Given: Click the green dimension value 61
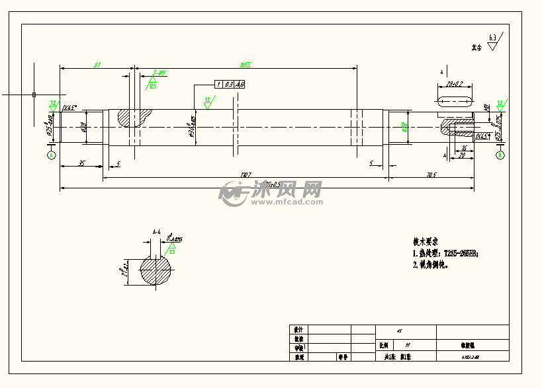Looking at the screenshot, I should (x=97, y=64).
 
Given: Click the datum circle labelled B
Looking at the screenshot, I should (x=500, y=155).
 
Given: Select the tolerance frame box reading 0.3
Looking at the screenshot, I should (x=228, y=85).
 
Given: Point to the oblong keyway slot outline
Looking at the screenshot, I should (x=454, y=101).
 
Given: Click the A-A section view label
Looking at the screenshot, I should (x=157, y=233).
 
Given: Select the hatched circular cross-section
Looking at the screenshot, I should (x=156, y=270).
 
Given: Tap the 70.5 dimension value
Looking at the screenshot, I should (x=431, y=175).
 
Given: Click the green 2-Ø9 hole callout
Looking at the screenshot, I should (x=159, y=73).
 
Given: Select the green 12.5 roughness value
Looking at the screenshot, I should (x=152, y=87).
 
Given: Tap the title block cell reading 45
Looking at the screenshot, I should (x=399, y=332).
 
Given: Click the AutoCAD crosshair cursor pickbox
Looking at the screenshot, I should (x=34, y=95).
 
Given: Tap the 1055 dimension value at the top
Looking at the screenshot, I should (x=246, y=64).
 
